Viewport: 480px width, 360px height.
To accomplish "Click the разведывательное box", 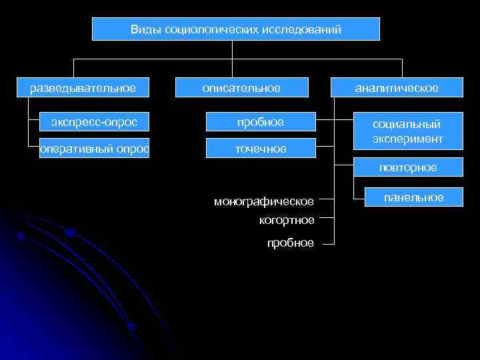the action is (x=83, y=88).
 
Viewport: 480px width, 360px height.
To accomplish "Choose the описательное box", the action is (x=242, y=88).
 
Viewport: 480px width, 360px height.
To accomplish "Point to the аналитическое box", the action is (x=396, y=88).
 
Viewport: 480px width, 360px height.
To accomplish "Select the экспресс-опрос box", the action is (x=94, y=122).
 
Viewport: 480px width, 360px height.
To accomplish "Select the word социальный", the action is (x=407, y=125).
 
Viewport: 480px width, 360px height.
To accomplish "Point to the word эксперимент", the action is (x=407, y=138).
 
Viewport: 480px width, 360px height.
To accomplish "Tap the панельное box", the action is (x=413, y=197).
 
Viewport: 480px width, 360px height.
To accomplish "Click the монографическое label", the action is (x=263, y=201).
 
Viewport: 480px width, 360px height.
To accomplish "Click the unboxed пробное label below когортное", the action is (x=290, y=243).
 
